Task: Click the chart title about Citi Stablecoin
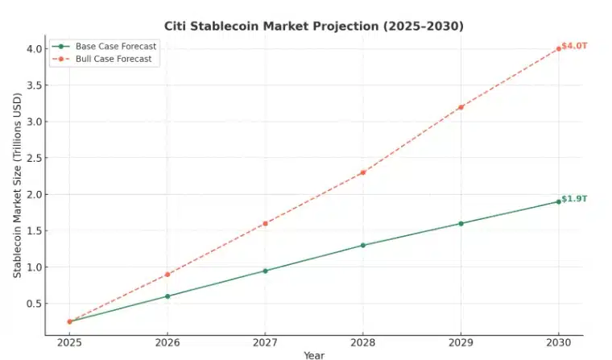313,27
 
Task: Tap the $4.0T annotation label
574,46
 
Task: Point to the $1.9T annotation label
574,199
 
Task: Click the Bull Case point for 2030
558,48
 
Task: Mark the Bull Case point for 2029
461,106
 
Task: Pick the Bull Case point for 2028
362,172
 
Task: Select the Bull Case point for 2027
265,223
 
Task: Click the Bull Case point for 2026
167,275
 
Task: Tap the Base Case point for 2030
558,201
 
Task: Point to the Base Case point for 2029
461,223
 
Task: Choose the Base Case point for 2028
362,245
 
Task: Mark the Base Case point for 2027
265,271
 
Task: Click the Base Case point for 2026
167,296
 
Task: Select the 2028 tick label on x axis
362,343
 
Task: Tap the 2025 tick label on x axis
69,343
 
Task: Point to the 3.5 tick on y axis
33,85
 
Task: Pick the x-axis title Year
314,355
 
